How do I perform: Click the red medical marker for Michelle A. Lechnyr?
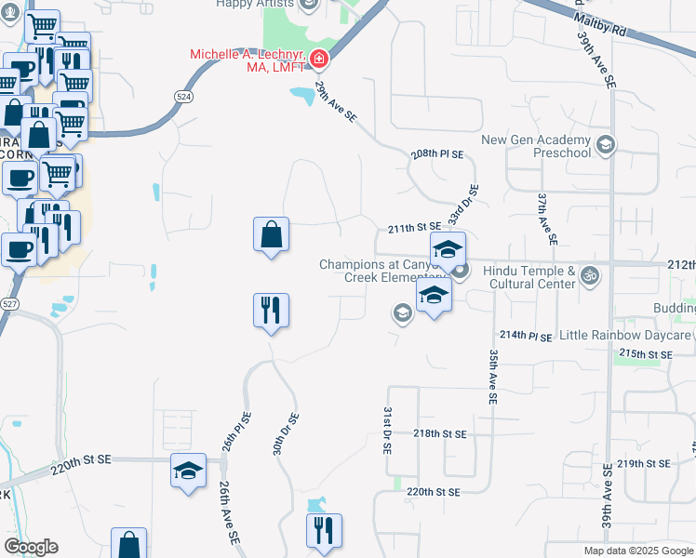[x=318, y=60]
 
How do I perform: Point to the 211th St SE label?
[x=413, y=227]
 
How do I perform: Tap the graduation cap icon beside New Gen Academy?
[x=606, y=143]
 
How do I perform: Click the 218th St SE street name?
[x=439, y=434]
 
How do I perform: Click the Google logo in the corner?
[x=31, y=547]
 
